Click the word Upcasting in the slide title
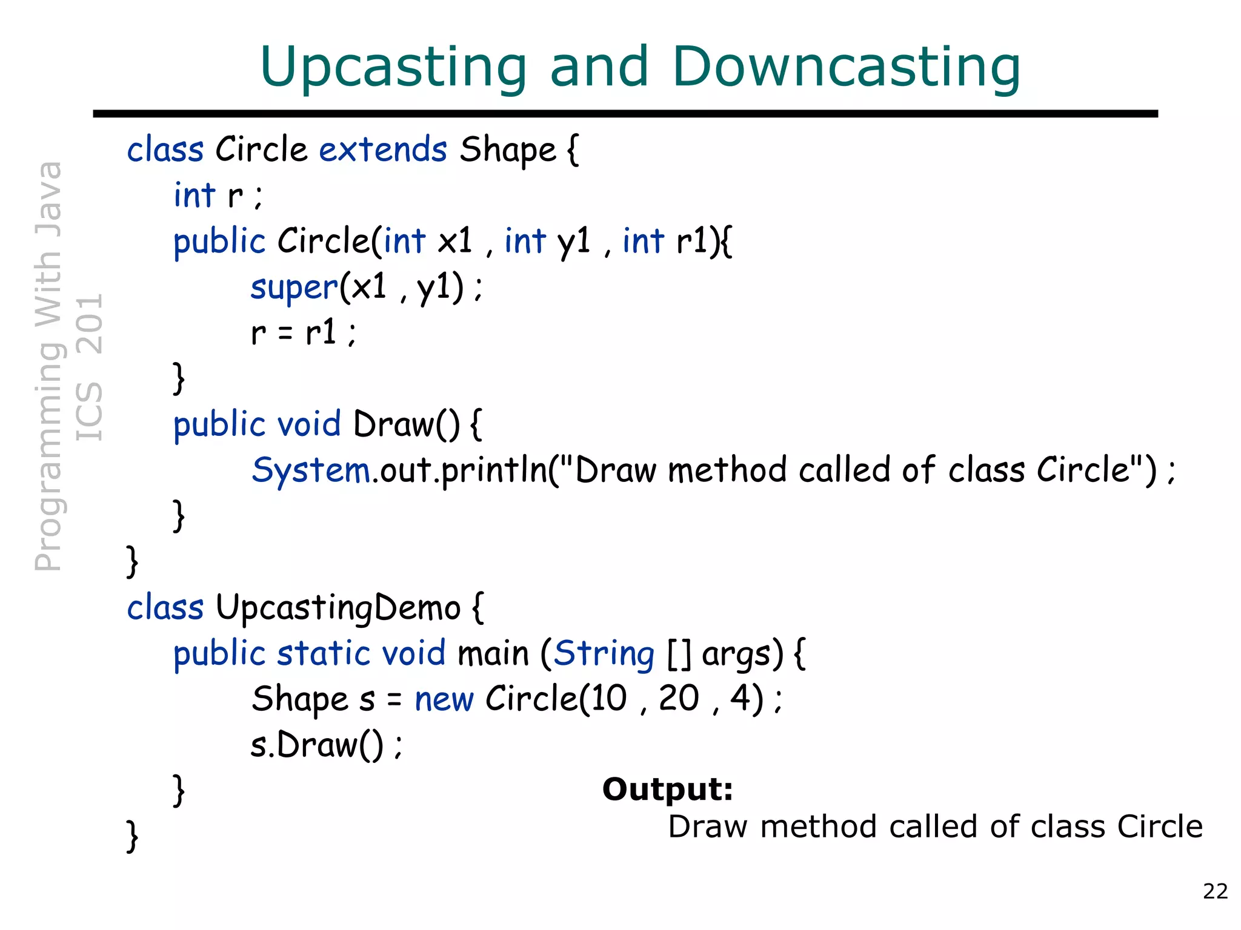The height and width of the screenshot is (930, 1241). [393, 68]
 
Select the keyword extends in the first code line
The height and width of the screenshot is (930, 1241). [383, 150]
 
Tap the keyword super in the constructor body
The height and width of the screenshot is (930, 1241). [294, 288]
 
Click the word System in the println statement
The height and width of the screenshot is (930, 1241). [311, 470]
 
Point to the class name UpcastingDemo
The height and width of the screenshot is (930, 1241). [338, 608]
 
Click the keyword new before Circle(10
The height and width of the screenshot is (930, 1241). [444, 700]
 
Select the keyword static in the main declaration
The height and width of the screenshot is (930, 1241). [324, 654]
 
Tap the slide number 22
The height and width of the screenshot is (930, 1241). [1215, 891]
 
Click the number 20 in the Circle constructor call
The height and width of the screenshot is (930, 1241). [679, 699]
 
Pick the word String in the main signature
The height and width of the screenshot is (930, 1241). [604, 655]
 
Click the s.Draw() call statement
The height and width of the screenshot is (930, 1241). [325, 745]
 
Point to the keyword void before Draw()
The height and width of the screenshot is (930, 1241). [308, 424]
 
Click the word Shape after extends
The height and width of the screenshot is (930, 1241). [507, 150]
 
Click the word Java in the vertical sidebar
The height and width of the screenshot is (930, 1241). [48, 199]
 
